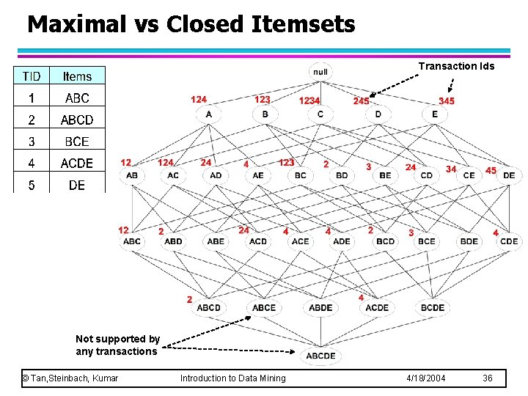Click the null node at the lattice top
click(320, 72)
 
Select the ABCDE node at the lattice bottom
click(320, 356)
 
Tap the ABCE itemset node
click(264, 307)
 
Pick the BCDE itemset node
click(433, 307)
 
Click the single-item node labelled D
click(378, 114)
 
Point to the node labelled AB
click(132, 175)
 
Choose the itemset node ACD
click(258, 241)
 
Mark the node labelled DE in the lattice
click(509, 175)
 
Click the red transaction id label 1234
click(309, 100)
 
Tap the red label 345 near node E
click(447, 100)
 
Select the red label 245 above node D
click(361, 100)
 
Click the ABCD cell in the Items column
click(77, 120)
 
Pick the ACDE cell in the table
click(77, 164)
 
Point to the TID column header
click(32, 76)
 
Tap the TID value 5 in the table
click(32, 185)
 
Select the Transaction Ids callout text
click(456, 66)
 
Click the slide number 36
click(488, 378)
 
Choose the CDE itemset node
click(509, 241)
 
